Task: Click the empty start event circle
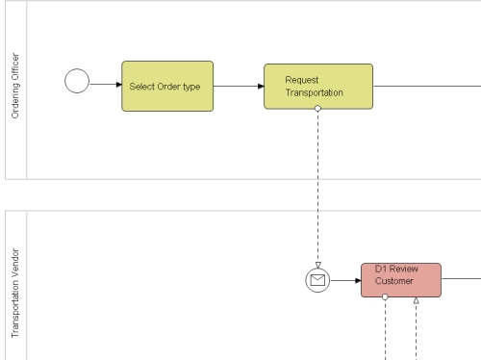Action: (77, 82)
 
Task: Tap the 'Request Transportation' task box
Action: (318, 86)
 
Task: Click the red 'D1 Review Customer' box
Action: (401, 280)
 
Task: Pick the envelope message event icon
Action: (317, 280)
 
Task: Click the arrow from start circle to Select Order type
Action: (105, 85)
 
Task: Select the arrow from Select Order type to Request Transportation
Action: (239, 86)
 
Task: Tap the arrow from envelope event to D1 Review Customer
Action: (345, 280)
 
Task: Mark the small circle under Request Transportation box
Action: (317, 109)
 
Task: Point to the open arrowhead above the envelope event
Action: (317, 265)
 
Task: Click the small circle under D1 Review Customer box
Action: (385, 297)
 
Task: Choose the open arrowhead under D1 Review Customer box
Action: (416, 301)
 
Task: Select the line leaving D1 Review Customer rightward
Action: (460, 279)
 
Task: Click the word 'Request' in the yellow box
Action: (302, 80)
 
